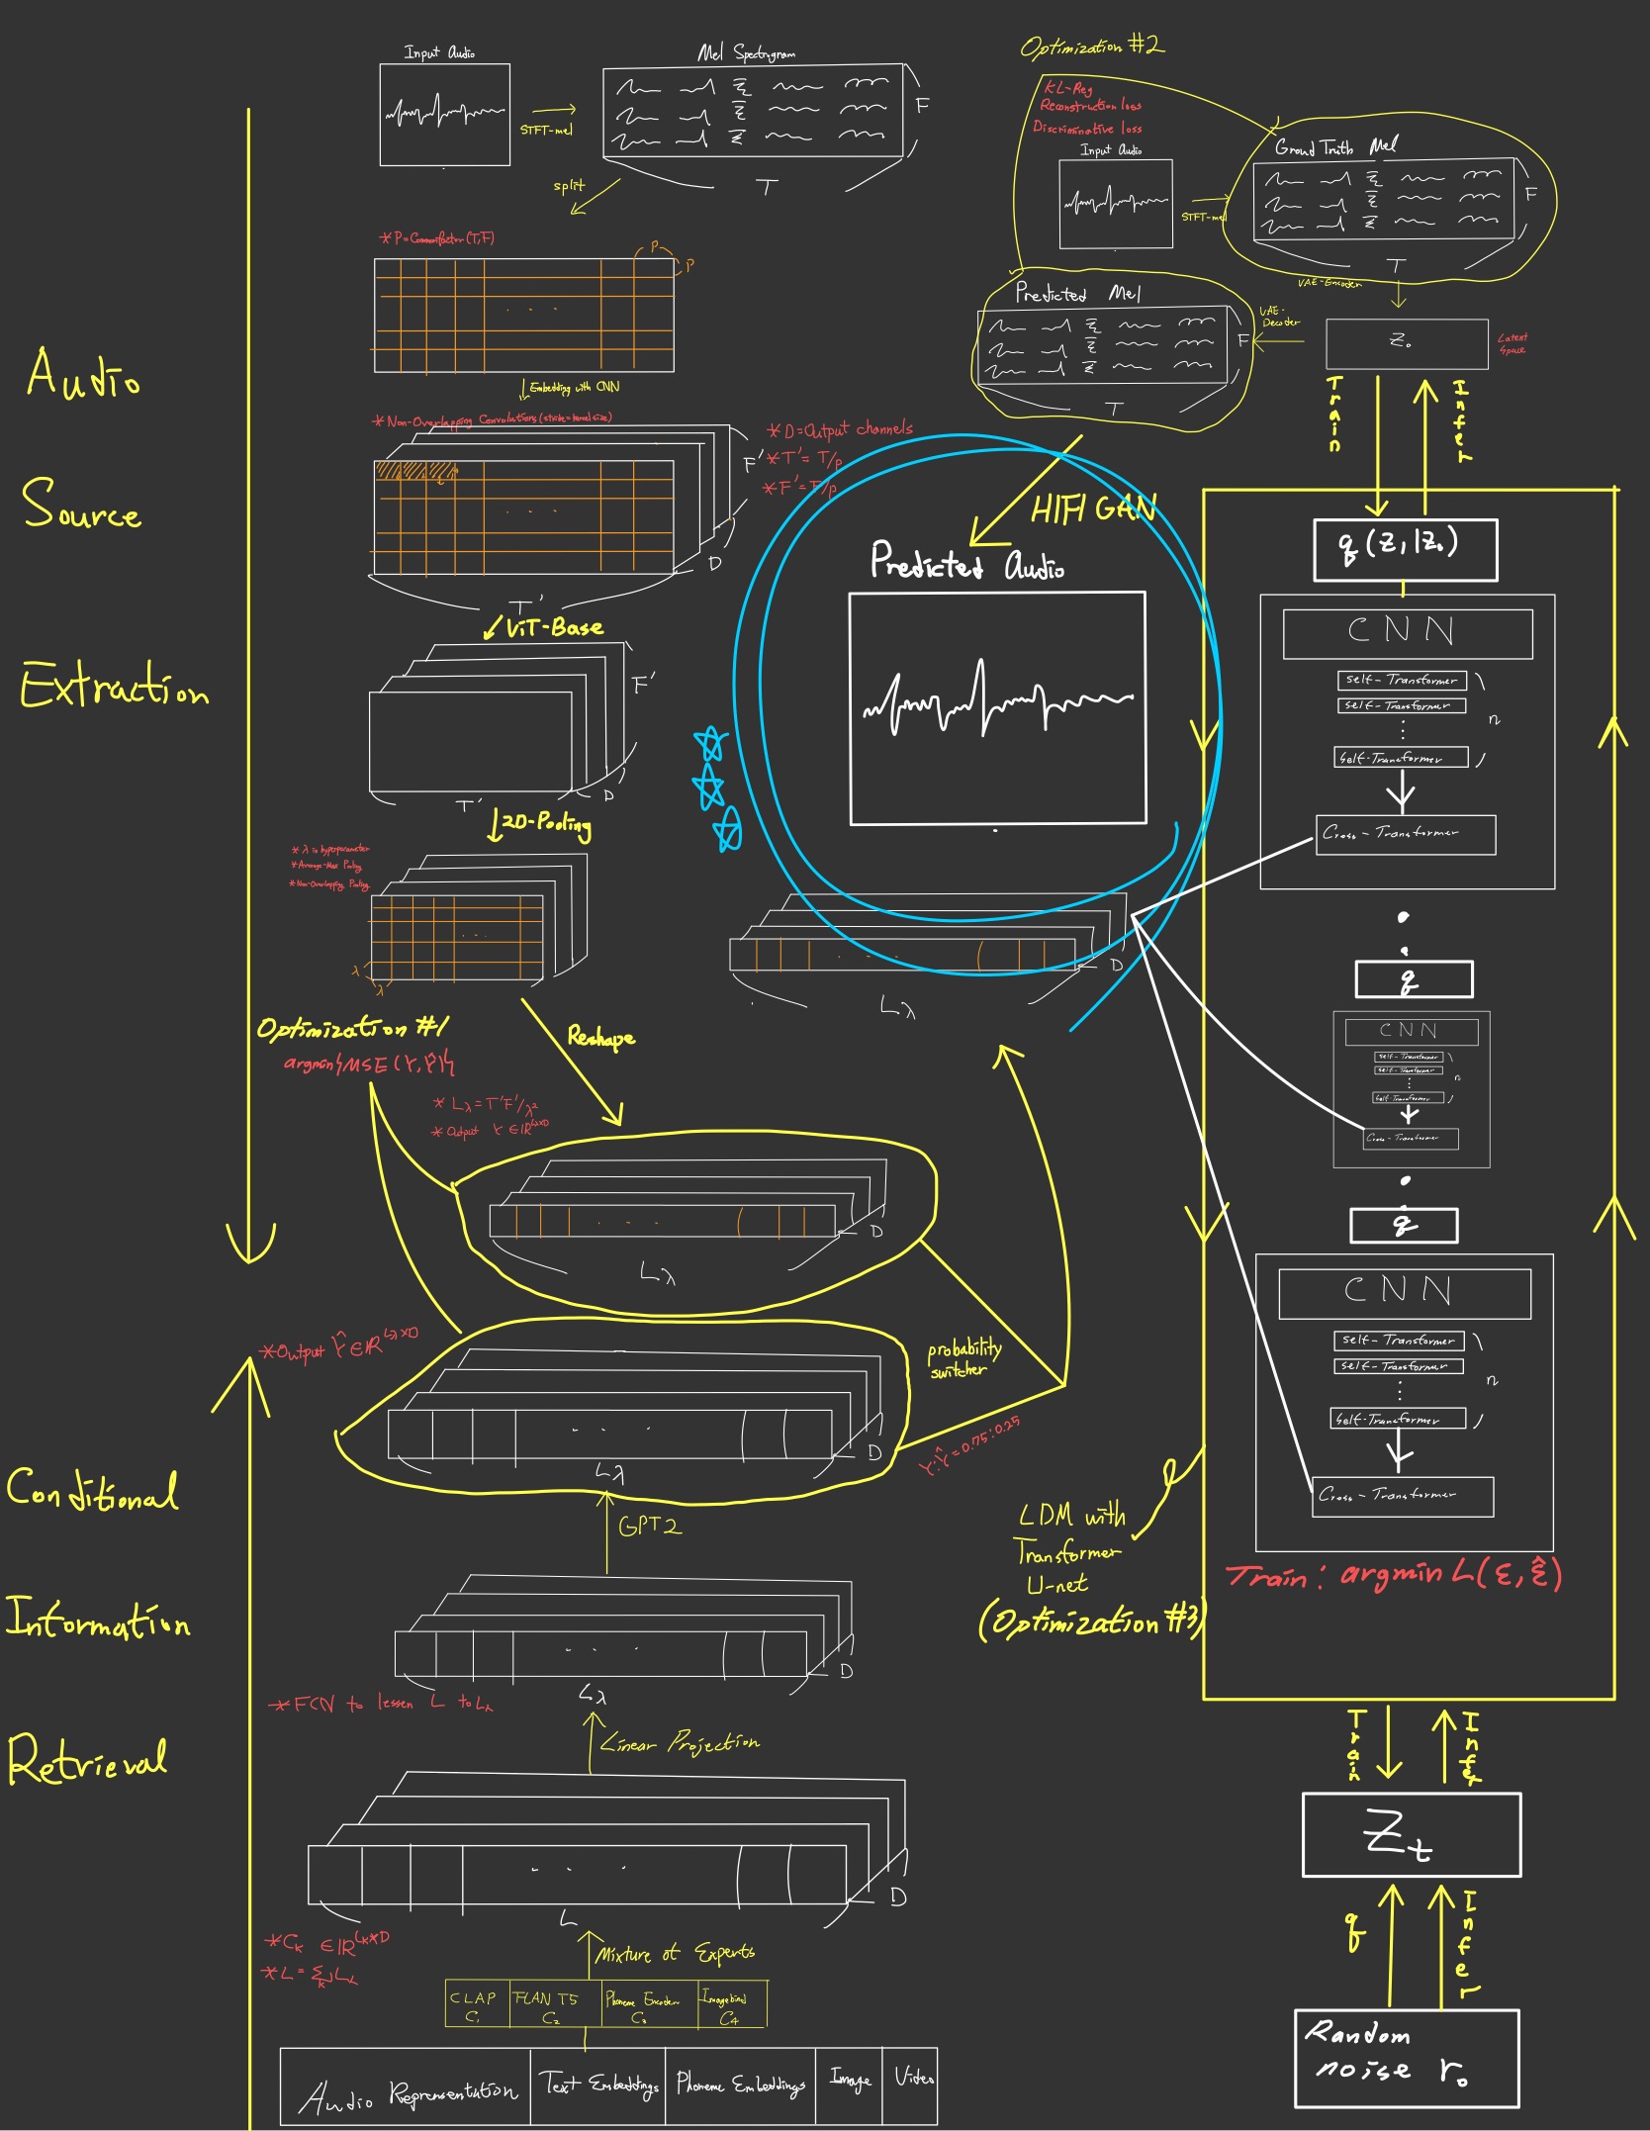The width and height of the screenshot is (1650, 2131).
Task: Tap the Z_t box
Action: pos(1411,1835)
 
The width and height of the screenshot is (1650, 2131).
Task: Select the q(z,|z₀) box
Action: pos(1405,549)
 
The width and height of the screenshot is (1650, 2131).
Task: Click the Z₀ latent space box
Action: pos(1406,343)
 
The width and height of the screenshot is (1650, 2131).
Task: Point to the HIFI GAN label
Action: pos(1092,509)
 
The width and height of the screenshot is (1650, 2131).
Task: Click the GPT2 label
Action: pos(649,1527)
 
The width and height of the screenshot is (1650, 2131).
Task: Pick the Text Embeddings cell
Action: pos(598,2085)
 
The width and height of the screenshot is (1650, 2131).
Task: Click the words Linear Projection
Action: pos(680,1743)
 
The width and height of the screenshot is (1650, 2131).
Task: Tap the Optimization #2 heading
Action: pos(1092,46)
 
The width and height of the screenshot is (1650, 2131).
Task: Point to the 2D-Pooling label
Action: pos(545,823)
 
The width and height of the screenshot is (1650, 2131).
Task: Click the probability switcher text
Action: pos(962,1358)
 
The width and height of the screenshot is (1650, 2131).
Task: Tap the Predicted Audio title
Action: pos(966,562)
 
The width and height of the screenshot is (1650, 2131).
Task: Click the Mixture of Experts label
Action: pos(676,1953)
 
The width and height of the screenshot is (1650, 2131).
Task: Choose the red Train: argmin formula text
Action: pos(1394,1574)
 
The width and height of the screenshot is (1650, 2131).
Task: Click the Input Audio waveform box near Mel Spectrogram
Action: pos(445,115)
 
